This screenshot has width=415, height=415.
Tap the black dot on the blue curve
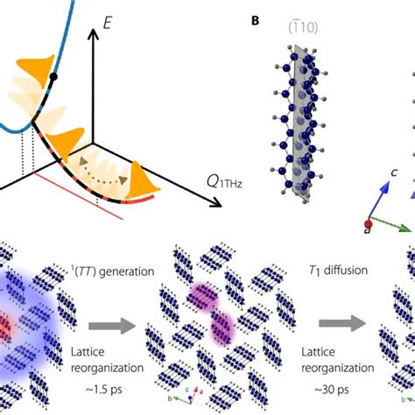pos(55,79)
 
